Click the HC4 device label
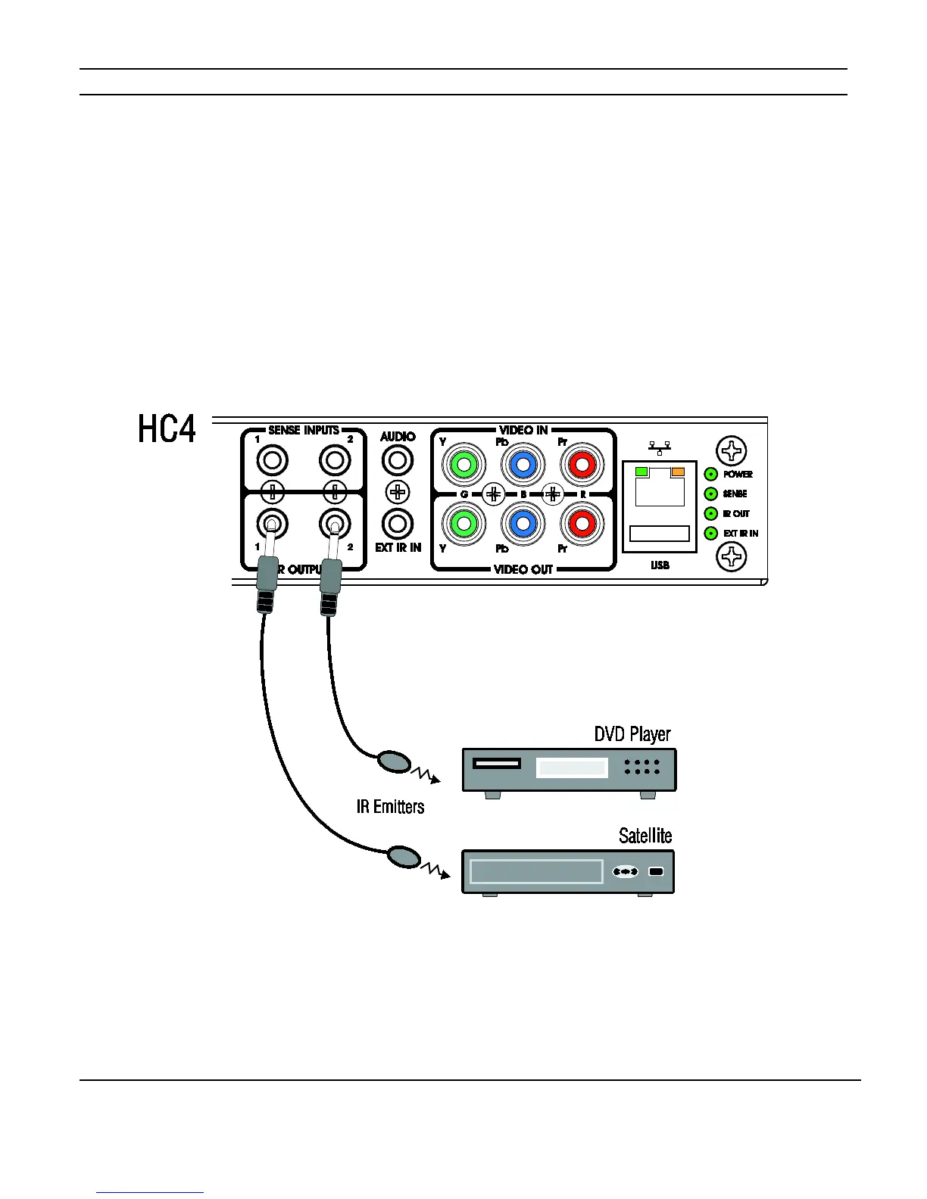click(x=167, y=429)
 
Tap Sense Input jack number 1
click(x=273, y=460)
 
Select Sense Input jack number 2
click(x=334, y=460)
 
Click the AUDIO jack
click(x=398, y=460)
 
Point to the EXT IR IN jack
click(x=398, y=523)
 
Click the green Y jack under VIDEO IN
click(x=463, y=464)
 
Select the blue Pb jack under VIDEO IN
click(x=523, y=464)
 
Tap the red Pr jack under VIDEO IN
click(x=582, y=464)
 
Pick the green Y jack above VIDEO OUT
click(x=463, y=522)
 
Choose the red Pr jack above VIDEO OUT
click(x=582, y=522)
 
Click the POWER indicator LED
click(x=711, y=475)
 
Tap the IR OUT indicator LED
click(x=711, y=514)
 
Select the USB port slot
click(x=660, y=534)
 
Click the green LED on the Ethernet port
click(x=641, y=472)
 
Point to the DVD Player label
click(x=632, y=734)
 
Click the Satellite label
click(x=645, y=836)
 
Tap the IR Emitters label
click(x=390, y=807)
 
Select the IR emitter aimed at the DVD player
click(x=394, y=761)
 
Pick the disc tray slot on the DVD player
click(x=497, y=763)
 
